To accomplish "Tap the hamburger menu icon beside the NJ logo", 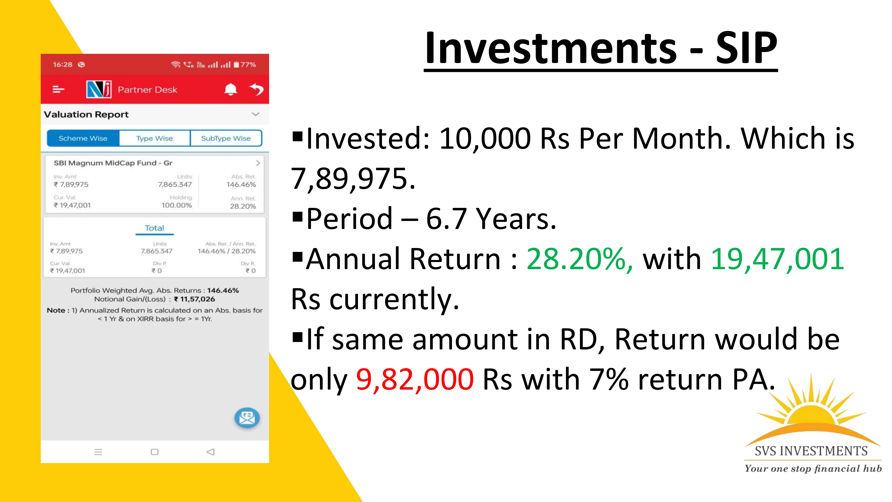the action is click(x=58, y=90).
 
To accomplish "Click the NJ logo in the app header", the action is click(x=99, y=90).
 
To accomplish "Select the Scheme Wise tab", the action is click(x=83, y=138).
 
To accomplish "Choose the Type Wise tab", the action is click(x=154, y=138).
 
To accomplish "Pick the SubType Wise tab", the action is click(x=226, y=138).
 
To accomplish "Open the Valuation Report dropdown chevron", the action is click(x=255, y=114).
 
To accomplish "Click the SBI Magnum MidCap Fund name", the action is click(x=113, y=163).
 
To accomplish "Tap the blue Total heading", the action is click(x=154, y=228).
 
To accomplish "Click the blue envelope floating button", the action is click(x=247, y=418).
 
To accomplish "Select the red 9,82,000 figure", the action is click(x=415, y=379).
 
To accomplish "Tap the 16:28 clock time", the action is click(x=62, y=65).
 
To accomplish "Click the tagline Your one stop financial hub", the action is click(x=813, y=468).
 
